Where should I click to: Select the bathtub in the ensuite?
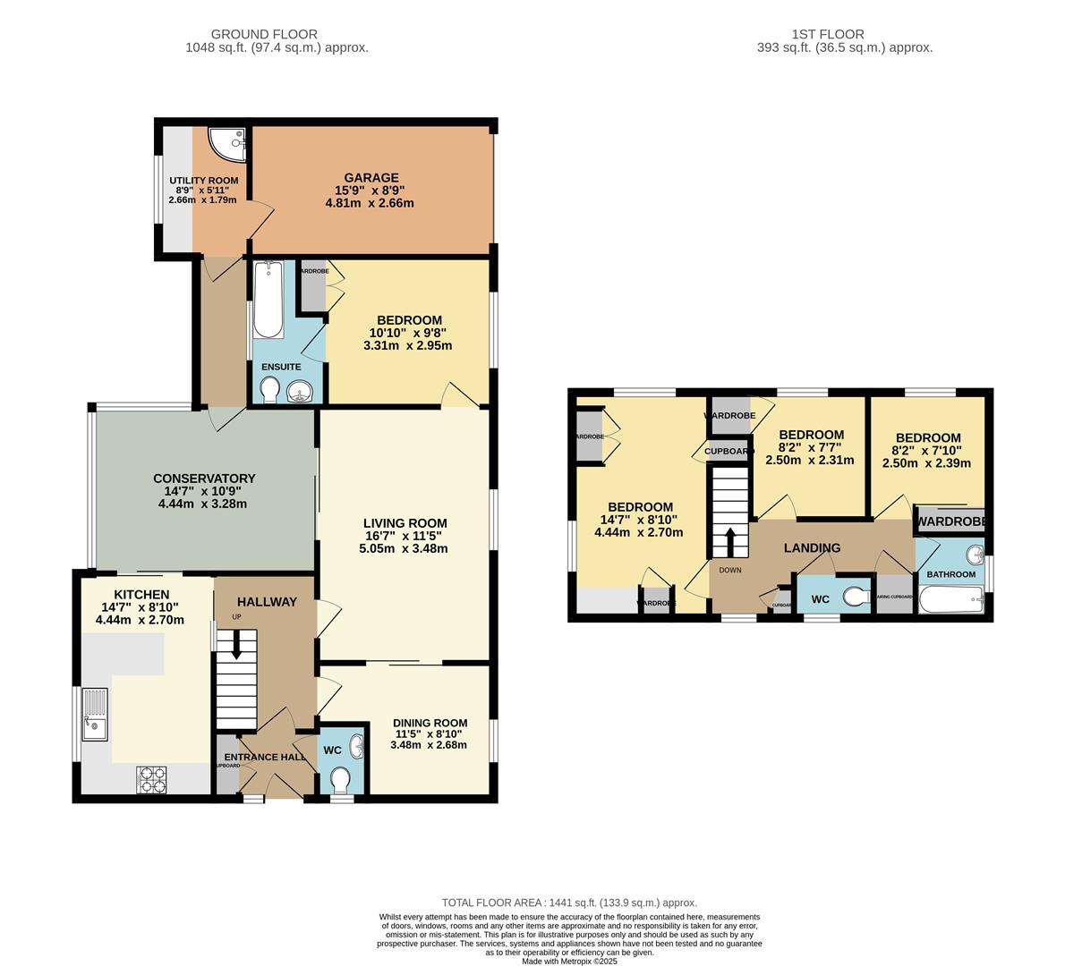(x=267, y=300)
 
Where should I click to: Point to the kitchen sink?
(x=94, y=715)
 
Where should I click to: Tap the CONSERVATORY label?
(x=204, y=479)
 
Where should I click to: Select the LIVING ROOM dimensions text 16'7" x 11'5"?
(x=405, y=536)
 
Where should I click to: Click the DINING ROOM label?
(x=430, y=723)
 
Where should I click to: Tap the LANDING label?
(x=812, y=547)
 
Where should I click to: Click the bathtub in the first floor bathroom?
(x=949, y=599)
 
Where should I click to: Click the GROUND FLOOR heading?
(x=277, y=34)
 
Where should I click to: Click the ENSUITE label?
(x=281, y=367)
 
